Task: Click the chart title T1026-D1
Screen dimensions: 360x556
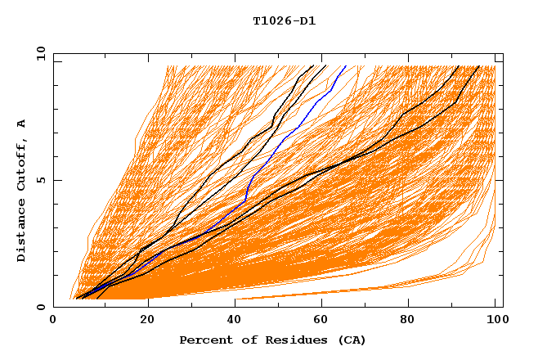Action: pos(284,20)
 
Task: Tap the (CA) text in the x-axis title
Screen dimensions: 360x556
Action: pos(350,340)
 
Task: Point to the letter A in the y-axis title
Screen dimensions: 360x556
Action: pos(21,124)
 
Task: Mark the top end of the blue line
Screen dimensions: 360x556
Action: pos(346,65)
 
